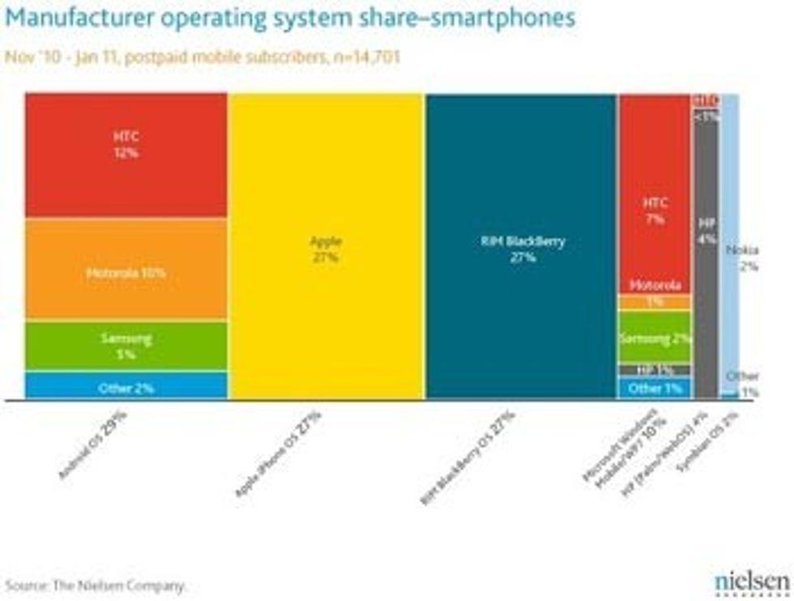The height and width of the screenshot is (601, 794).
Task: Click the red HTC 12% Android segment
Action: point(126,154)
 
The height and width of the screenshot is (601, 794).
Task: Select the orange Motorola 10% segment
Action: point(126,271)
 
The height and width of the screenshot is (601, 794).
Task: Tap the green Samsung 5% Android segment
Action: point(126,346)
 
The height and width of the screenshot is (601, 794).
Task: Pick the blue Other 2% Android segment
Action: point(126,386)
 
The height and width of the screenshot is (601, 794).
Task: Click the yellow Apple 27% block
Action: point(326,247)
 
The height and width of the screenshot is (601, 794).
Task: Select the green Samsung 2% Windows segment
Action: point(655,338)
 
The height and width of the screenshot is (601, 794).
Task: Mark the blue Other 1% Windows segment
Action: point(655,388)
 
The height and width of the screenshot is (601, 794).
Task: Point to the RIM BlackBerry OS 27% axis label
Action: point(467,458)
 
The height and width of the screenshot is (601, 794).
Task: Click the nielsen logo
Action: point(751,582)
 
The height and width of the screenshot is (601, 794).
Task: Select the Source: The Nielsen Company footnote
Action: point(96,584)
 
